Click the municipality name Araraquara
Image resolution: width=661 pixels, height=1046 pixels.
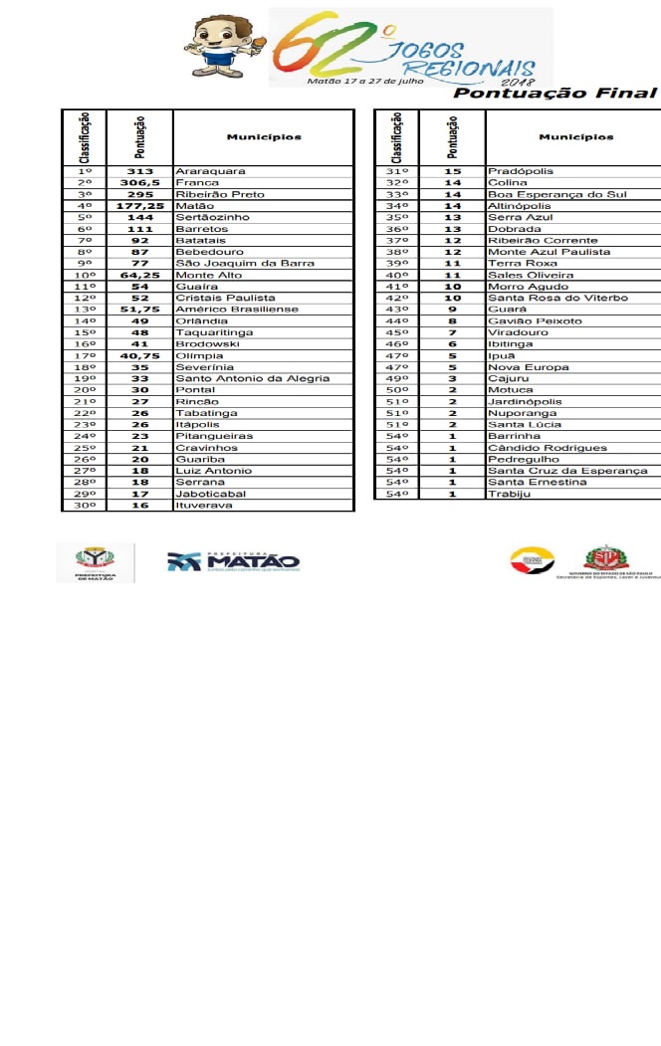point(203,171)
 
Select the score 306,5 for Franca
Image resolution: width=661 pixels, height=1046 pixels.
point(139,183)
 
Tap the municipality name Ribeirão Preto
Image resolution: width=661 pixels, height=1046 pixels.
point(220,194)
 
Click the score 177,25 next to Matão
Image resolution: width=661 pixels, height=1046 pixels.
point(139,206)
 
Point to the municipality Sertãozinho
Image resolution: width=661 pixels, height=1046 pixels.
point(212,217)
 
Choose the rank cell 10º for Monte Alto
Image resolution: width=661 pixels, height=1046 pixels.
point(85,275)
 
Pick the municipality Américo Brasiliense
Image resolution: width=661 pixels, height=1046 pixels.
point(236,310)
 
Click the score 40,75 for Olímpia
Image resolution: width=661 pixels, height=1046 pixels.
point(139,355)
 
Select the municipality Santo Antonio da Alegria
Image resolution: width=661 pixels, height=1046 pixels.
point(252,378)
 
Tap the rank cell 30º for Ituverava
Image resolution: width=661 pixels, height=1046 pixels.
point(85,506)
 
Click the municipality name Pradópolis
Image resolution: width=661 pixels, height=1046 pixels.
point(521,171)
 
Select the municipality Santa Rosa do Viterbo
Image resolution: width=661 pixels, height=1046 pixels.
point(557,299)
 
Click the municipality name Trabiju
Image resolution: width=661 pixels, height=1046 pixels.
point(509,494)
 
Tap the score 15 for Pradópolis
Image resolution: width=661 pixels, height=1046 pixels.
point(453,171)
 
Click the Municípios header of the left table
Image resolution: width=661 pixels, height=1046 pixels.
point(263,137)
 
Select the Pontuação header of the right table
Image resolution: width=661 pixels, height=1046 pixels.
point(453,137)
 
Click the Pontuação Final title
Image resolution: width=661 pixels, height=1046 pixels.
point(555,94)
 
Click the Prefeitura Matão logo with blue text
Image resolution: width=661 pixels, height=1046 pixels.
point(233,561)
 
